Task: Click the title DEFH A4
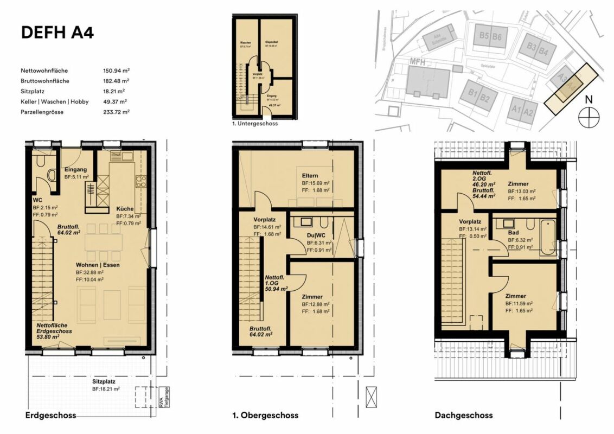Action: tap(57, 33)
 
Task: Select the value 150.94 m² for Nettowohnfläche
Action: tap(116, 71)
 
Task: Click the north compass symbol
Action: tap(588, 117)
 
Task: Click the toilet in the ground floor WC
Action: tap(51, 175)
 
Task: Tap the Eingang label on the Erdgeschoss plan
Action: tap(76, 169)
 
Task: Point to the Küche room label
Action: tap(125, 209)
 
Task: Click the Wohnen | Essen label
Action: tap(98, 265)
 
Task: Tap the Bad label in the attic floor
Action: tap(513, 233)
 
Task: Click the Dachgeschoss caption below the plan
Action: tap(463, 415)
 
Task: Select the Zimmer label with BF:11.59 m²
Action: tap(515, 296)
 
